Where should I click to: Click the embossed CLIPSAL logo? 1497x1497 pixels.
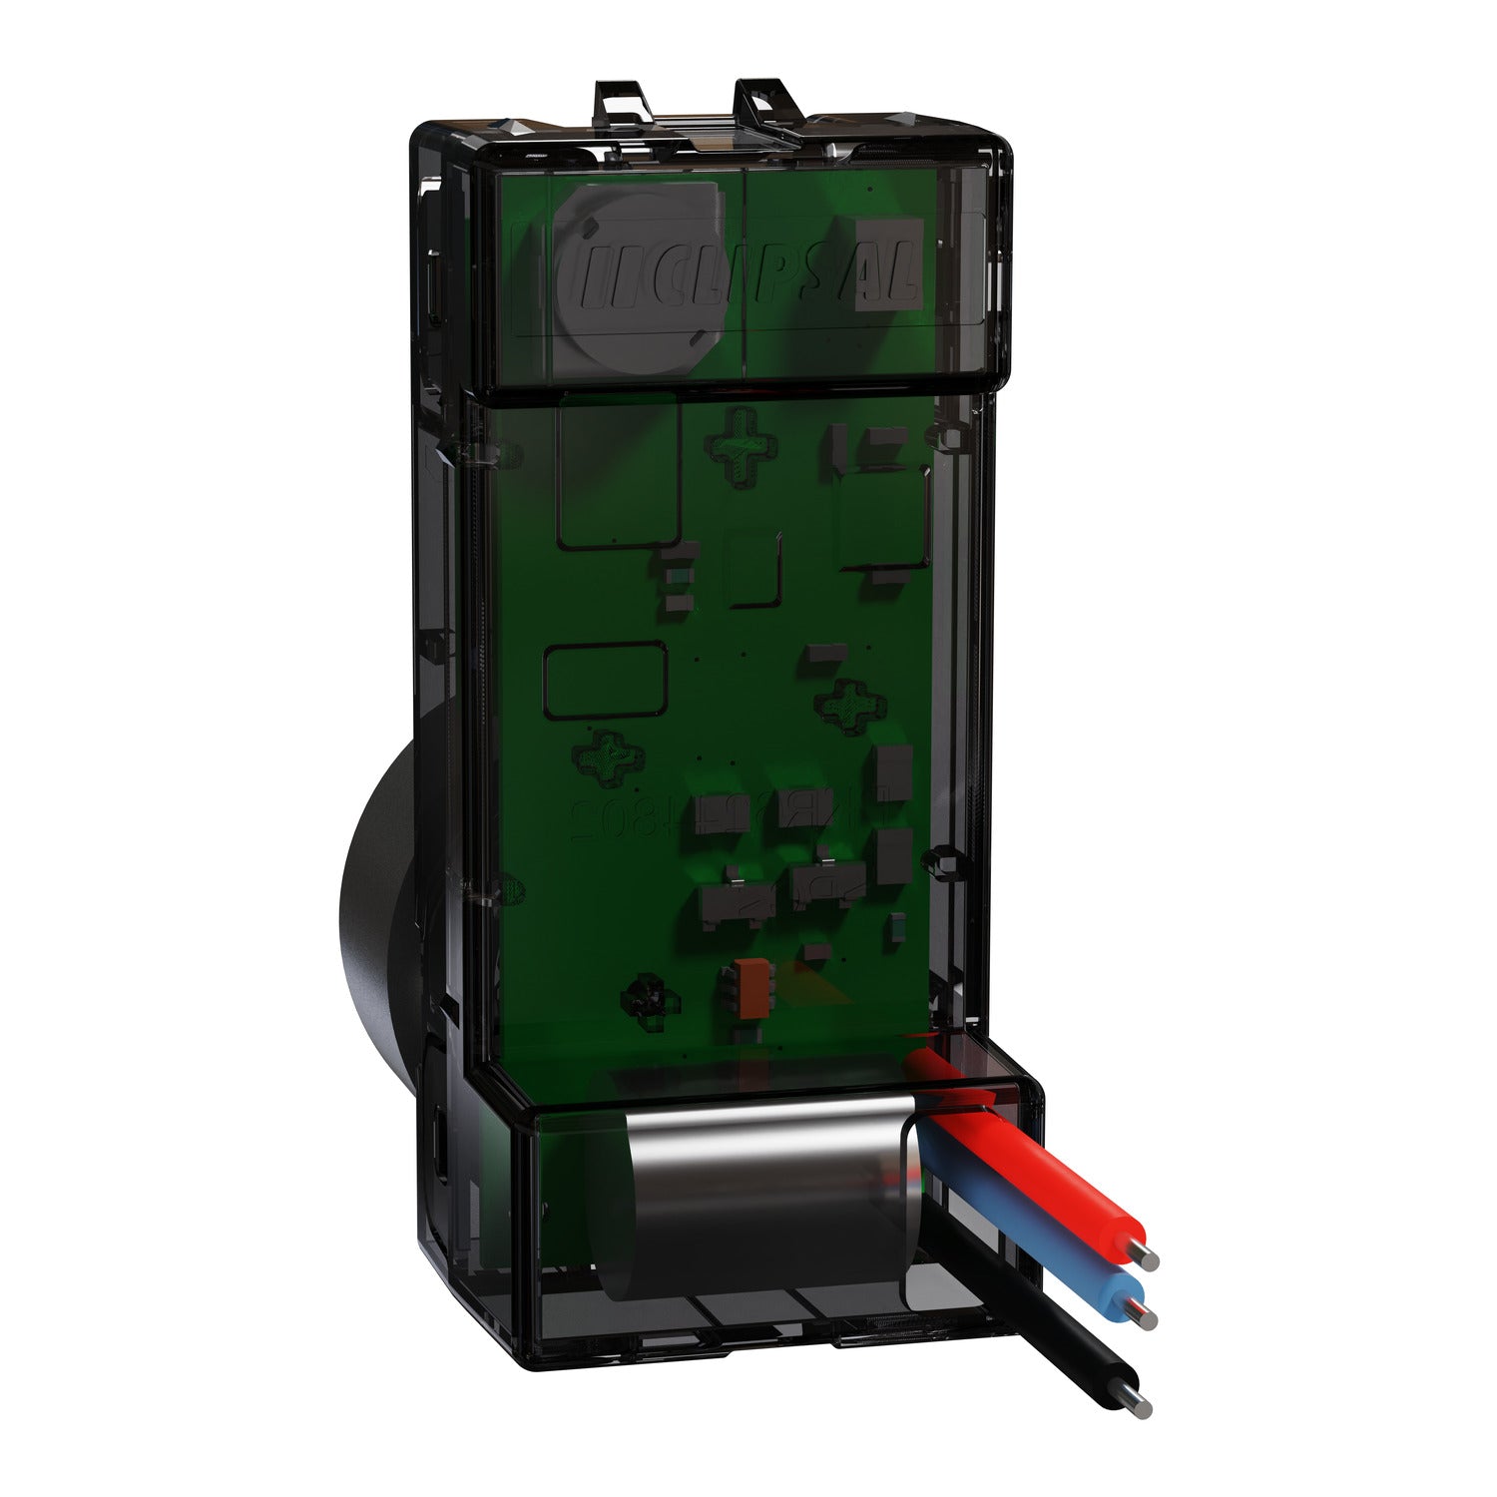(739, 273)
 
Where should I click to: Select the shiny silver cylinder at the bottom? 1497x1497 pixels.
(768, 1198)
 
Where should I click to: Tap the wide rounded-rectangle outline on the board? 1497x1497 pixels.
(605, 679)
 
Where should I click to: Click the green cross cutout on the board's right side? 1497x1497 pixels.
(849, 704)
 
